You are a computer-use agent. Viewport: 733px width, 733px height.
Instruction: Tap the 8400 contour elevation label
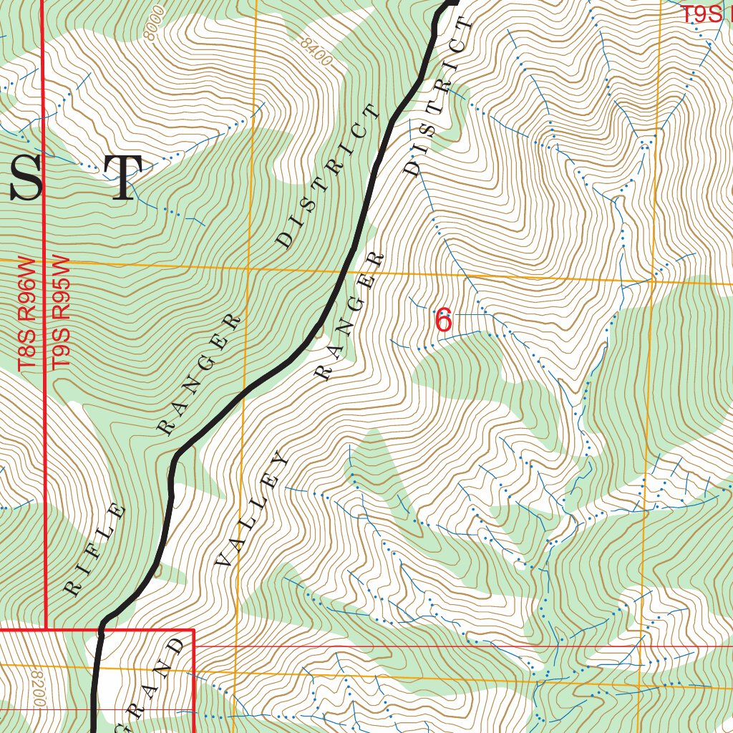point(316,52)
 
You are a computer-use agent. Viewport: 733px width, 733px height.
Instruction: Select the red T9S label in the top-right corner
point(701,15)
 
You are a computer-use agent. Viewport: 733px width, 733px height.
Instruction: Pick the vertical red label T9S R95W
point(61,314)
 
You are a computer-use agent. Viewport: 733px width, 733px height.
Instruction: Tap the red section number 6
point(444,320)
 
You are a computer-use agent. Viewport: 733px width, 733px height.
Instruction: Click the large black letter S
point(26,178)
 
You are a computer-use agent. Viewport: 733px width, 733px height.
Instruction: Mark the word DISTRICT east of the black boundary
point(438,97)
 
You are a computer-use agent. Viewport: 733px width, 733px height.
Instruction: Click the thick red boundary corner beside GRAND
point(194,631)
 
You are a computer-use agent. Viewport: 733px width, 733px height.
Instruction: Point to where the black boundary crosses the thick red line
point(101,631)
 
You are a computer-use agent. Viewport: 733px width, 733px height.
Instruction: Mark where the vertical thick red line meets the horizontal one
point(46,630)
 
